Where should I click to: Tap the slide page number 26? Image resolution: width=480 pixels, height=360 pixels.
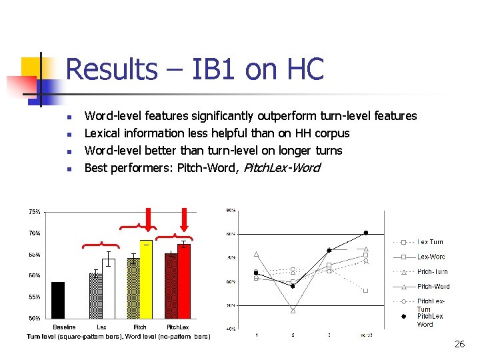[x=459, y=344]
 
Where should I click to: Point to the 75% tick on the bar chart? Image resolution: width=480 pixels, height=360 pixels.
[x=34, y=212]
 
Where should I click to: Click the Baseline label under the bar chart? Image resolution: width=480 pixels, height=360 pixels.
[x=64, y=327]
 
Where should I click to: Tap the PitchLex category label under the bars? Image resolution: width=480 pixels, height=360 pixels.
[x=178, y=327]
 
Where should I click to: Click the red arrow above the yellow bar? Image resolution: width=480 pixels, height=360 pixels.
[x=149, y=219]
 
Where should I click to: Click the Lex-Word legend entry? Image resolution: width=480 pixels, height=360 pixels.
[x=431, y=257]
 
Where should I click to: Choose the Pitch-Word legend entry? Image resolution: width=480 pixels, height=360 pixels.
[x=433, y=287]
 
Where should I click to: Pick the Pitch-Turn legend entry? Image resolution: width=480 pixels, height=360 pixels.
[x=432, y=272]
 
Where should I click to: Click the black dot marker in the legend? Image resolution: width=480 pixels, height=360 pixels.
[x=403, y=317]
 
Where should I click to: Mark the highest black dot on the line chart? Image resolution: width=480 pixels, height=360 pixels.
[x=365, y=233]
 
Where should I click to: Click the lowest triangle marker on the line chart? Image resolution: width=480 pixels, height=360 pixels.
[x=293, y=310]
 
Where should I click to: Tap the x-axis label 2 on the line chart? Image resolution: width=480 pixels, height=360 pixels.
[x=293, y=335]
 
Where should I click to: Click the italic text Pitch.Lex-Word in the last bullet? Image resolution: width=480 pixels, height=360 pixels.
[x=281, y=168]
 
